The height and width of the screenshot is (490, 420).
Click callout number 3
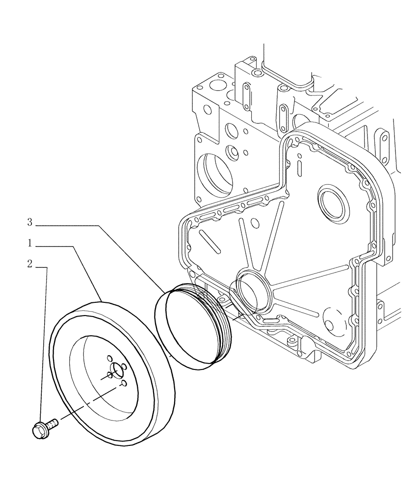pos(29,222)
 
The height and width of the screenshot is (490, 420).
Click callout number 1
pos(29,243)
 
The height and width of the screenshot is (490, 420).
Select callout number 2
pos(29,264)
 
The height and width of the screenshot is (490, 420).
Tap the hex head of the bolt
pos(39,431)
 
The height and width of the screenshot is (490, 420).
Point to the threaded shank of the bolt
pos(52,422)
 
